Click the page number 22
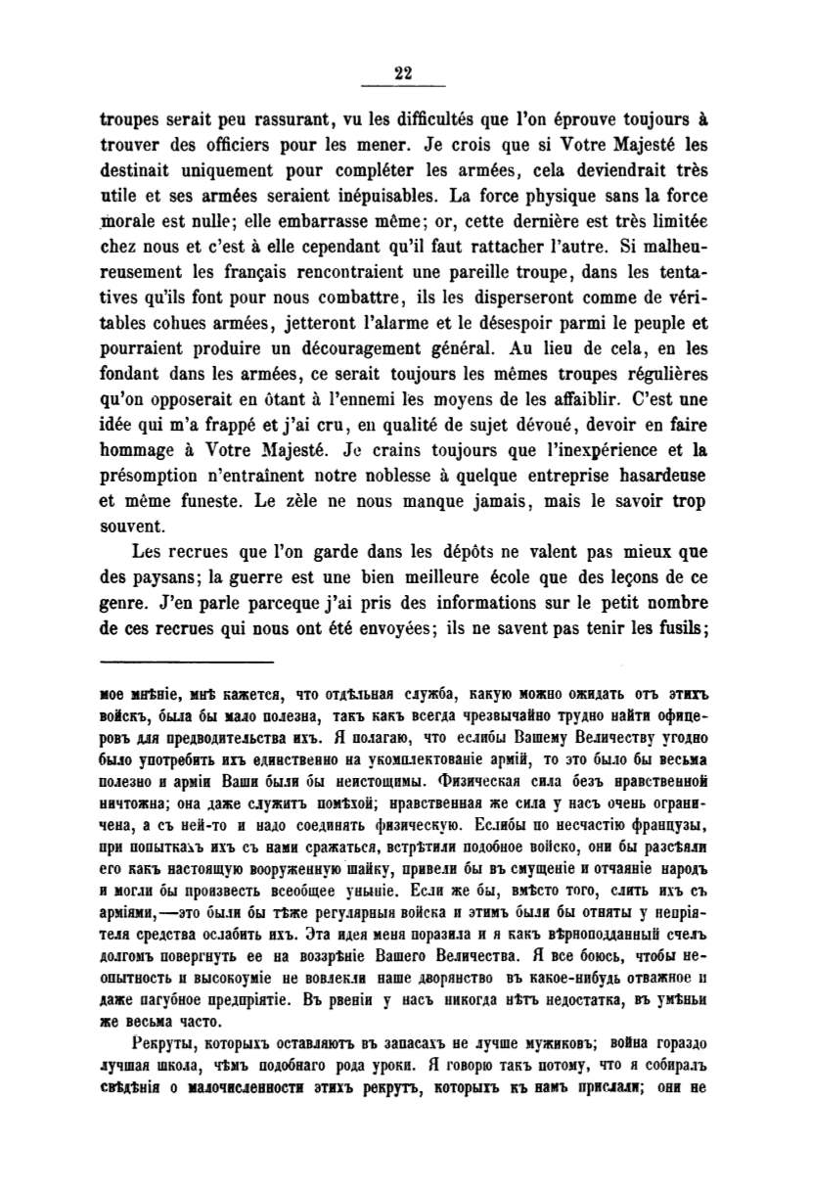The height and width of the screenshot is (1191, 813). (x=404, y=69)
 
